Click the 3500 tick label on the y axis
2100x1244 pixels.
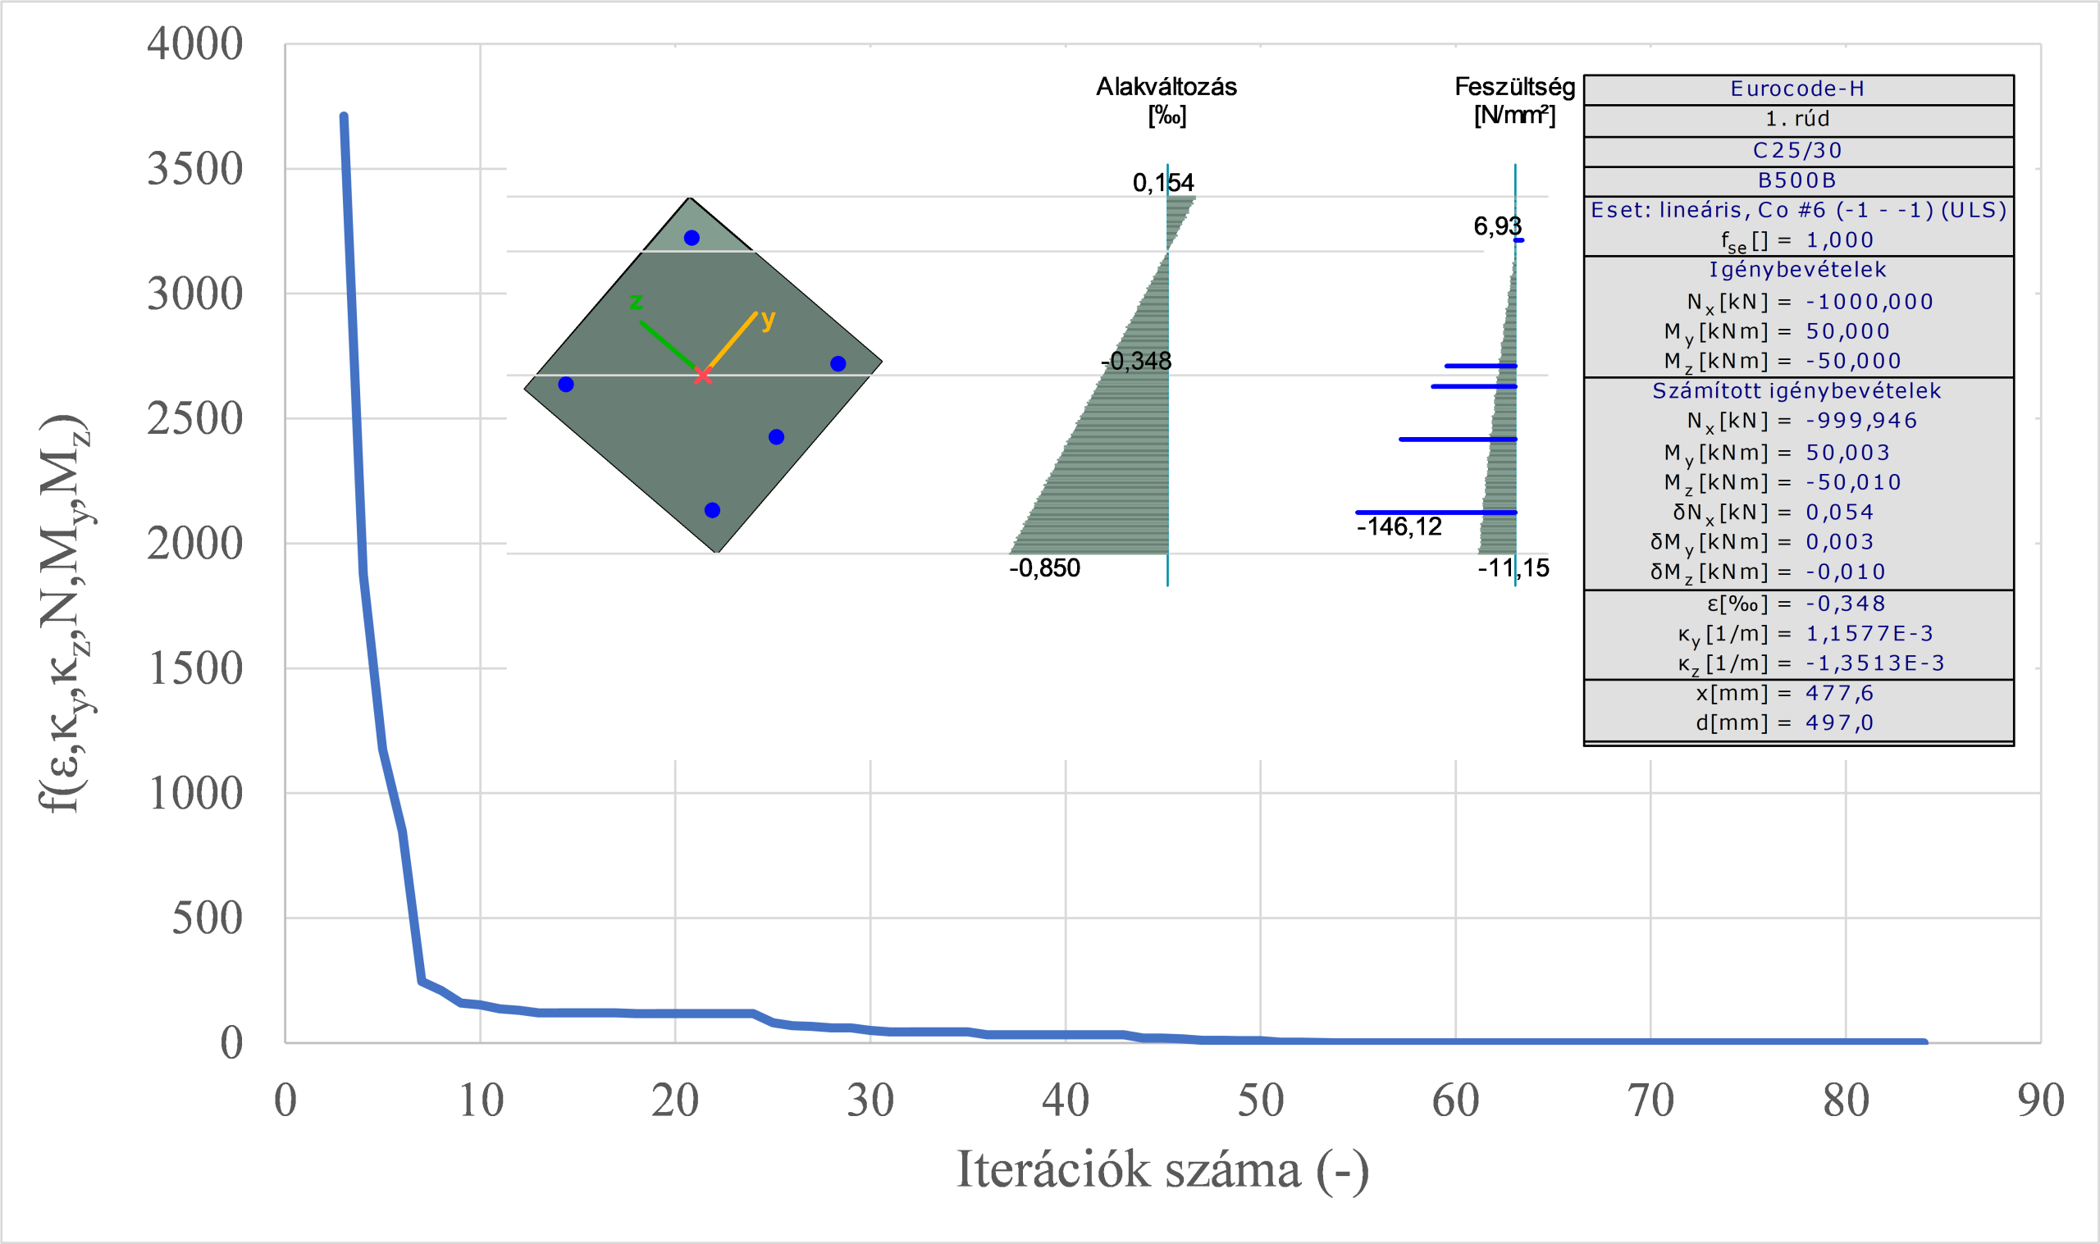point(194,168)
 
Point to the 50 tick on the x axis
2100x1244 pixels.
point(1260,1100)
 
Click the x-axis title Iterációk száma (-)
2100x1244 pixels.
point(1162,1170)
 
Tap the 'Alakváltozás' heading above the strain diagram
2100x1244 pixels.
point(1166,87)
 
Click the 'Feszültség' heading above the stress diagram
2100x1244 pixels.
point(1514,87)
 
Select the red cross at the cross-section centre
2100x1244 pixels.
point(702,375)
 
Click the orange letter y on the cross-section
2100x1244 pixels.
point(768,318)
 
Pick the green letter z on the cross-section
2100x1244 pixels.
point(637,301)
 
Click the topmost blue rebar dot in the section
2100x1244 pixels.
point(692,238)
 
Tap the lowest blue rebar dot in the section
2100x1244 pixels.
point(713,511)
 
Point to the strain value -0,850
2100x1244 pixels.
point(1043,568)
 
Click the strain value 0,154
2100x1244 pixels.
point(1162,183)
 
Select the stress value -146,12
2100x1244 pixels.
point(1399,526)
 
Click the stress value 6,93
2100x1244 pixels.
point(1497,226)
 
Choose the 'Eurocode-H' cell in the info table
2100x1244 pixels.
point(1797,89)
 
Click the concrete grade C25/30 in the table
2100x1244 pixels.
point(1797,151)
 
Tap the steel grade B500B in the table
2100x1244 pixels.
point(1797,180)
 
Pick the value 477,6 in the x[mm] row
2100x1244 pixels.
point(1839,693)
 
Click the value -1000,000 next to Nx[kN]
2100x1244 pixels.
point(1869,302)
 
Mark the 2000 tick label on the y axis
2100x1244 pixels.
point(194,543)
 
